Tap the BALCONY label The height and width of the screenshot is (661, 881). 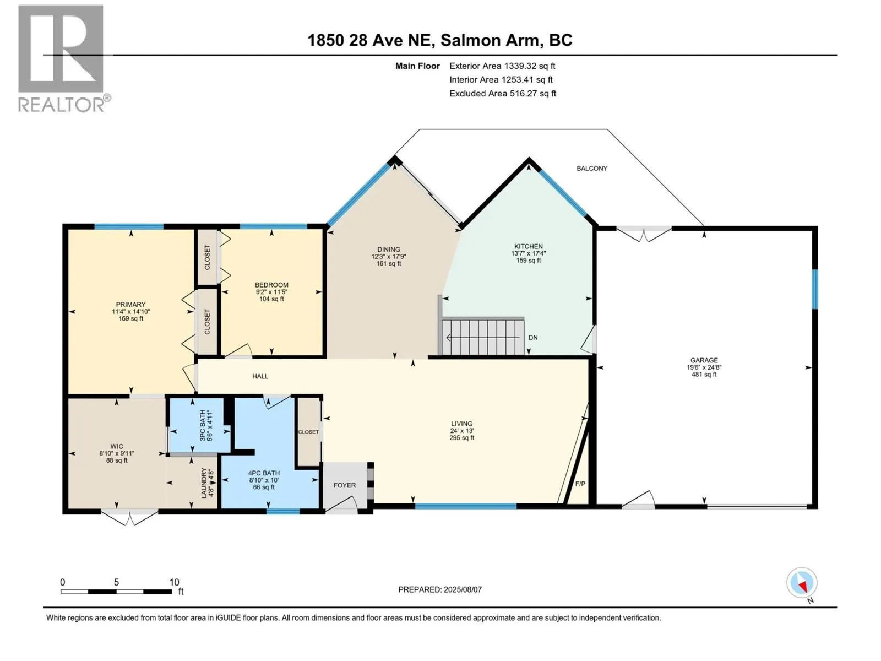point(591,169)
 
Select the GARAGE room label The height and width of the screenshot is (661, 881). point(704,360)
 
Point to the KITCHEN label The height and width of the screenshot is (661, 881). point(528,246)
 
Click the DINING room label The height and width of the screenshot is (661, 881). point(389,249)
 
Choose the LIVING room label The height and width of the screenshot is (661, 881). point(461,424)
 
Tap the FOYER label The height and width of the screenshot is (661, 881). point(344,485)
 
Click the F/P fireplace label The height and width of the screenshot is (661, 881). point(580,484)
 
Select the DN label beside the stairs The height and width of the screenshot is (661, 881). point(532,338)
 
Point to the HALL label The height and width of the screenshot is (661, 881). point(260,376)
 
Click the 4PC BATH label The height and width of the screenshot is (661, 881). point(264,473)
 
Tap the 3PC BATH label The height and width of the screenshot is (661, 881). point(203,425)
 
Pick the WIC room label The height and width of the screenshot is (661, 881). point(117,446)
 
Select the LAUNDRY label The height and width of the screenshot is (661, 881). point(204,483)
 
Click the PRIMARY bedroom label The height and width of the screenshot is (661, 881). point(130,304)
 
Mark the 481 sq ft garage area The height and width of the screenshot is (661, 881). point(704,375)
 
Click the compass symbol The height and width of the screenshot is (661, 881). point(802,583)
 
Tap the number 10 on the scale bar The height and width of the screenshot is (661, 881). point(174,582)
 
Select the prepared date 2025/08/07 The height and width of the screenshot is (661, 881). point(463,589)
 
